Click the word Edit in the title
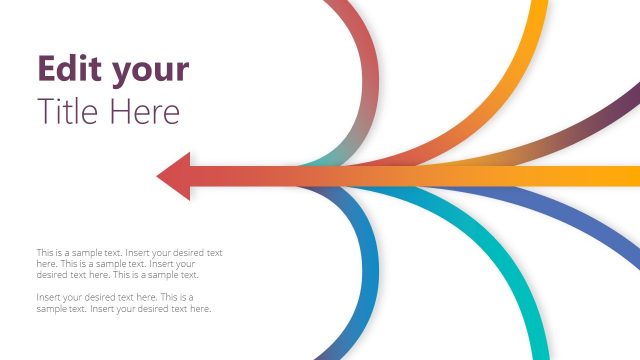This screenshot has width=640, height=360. pyautogui.click(x=68, y=69)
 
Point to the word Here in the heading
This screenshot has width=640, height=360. pyautogui.click(x=146, y=111)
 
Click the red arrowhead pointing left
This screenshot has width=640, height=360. pyautogui.click(x=175, y=176)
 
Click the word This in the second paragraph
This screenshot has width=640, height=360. pyautogui.click(x=169, y=297)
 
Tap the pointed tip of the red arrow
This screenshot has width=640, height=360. pyautogui.click(x=159, y=177)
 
